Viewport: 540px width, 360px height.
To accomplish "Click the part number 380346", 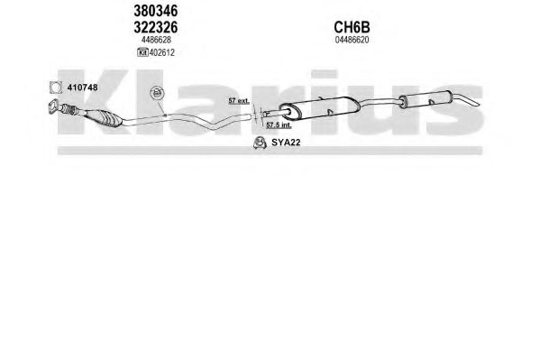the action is [x=156, y=11].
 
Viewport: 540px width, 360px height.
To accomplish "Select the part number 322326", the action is [x=156, y=27].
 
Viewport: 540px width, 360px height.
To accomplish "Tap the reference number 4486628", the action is [x=156, y=40].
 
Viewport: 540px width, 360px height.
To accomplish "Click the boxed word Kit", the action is [x=142, y=52].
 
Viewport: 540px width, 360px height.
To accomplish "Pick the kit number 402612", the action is [x=162, y=52].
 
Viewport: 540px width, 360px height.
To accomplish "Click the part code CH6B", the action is [x=352, y=27].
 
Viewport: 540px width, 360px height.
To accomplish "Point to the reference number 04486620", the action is [x=352, y=40].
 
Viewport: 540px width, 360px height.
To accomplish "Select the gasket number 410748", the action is [x=82, y=88].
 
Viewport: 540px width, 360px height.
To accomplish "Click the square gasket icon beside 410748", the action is [x=56, y=88].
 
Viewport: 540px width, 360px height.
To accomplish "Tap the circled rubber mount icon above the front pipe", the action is [x=157, y=93].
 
